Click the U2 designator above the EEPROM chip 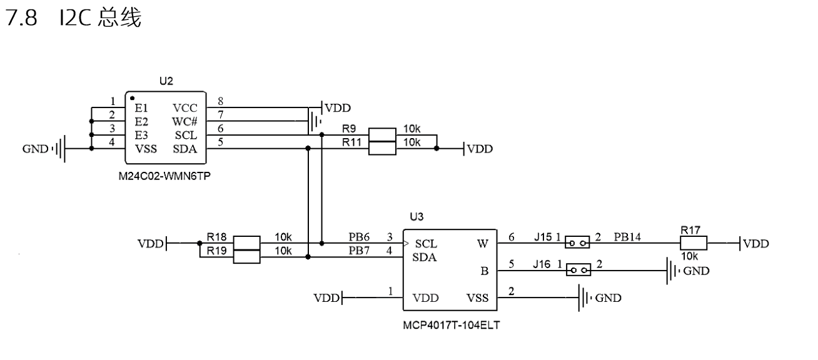(x=166, y=81)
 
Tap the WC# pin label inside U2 (x=184, y=121)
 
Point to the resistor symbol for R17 (x=694, y=243)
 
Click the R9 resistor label (x=349, y=129)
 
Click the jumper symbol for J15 (x=577, y=242)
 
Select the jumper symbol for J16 (x=577, y=270)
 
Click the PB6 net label (x=360, y=237)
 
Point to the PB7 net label (x=360, y=251)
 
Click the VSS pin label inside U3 (x=477, y=298)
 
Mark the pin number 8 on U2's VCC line (x=220, y=101)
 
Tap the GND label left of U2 (x=35, y=149)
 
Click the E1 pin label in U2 (x=141, y=107)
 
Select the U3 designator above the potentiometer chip (x=417, y=217)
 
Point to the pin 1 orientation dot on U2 (x=133, y=98)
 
